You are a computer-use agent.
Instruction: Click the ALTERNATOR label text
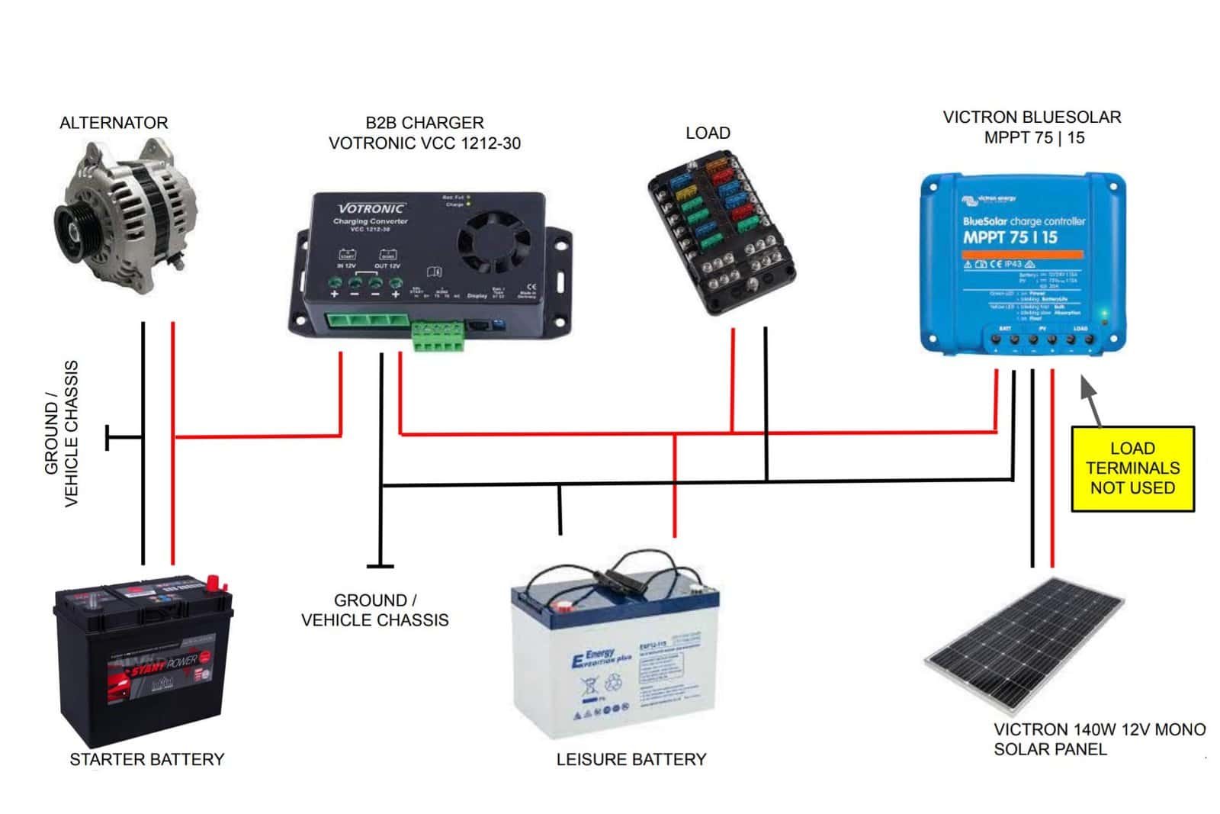pos(114,123)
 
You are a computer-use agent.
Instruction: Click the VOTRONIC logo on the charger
pos(371,208)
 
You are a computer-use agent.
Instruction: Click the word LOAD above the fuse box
pos(708,133)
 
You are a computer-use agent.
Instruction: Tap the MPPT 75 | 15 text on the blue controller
pos(1010,237)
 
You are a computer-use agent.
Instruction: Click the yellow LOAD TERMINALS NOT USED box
pos(1132,468)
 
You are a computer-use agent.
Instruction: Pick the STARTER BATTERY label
pos(147,759)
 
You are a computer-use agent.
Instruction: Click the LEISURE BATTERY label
pos(631,759)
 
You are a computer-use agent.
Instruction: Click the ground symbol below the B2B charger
pos(380,565)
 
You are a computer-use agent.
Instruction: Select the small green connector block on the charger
pos(438,336)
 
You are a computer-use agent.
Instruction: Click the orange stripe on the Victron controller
pos(1022,253)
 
